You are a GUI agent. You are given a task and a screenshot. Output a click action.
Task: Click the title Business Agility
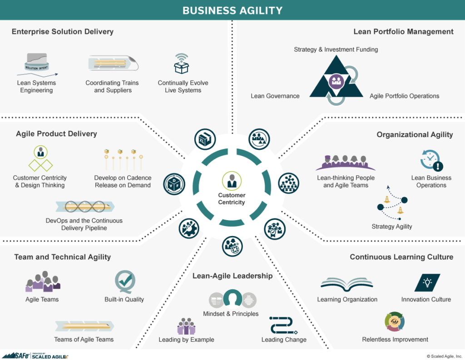[x=232, y=10]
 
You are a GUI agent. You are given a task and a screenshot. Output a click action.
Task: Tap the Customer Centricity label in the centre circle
[x=232, y=199]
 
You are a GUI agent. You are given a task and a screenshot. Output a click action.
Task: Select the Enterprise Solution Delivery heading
[x=62, y=32]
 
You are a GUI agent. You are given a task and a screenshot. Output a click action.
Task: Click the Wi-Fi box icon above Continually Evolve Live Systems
[x=182, y=64]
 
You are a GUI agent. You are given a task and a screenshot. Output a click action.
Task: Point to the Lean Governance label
[x=275, y=96]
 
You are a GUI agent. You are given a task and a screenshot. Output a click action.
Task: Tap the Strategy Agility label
[x=392, y=226]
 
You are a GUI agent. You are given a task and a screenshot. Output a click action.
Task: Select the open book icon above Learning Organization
[x=347, y=284]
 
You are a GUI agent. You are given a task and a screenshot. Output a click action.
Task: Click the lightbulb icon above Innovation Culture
[x=427, y=282]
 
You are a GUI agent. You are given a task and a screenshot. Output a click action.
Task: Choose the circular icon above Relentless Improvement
[x=395, y=322]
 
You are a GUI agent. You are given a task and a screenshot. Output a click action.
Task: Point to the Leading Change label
[x=284, y=340]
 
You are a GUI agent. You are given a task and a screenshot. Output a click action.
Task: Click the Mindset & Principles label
[x=231, y=314]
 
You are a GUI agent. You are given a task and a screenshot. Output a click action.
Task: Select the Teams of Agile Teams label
[x=84, y=339]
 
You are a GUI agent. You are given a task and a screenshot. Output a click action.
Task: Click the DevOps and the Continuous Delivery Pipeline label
[x=84, y=224]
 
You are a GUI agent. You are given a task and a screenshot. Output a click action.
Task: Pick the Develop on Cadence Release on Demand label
[x=123, y=182]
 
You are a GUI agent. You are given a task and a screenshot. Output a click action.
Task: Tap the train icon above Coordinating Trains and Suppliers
[x=113, y=64]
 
